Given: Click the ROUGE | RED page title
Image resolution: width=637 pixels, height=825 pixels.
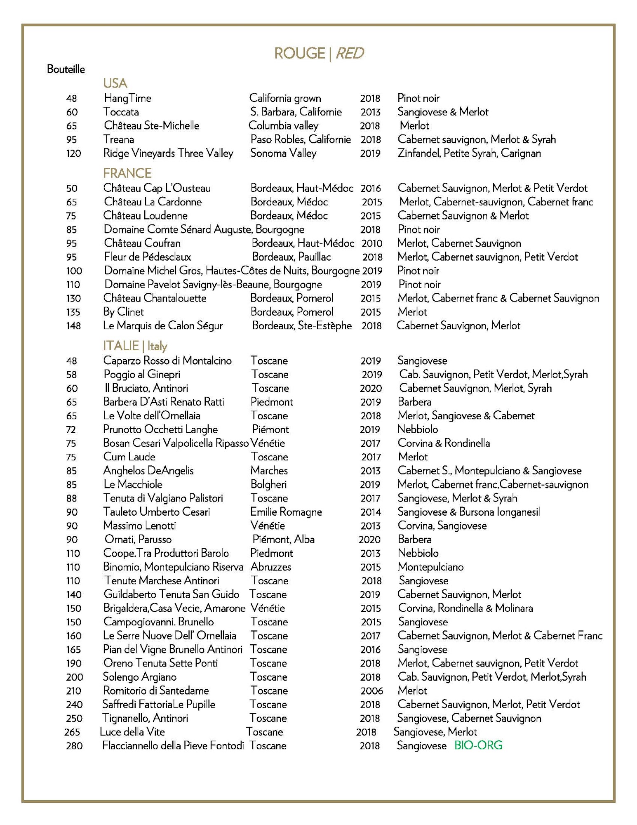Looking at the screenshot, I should pyautogui.click(x=319, y=53).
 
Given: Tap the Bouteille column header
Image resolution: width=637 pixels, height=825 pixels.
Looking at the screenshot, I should pyautogui.click(x=66, y=69).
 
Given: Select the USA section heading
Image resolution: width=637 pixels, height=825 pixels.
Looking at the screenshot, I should pyautogui.click(x=115, y=83).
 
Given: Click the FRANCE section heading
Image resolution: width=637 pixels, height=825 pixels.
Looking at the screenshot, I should pyautogui.click(x=127, y=173).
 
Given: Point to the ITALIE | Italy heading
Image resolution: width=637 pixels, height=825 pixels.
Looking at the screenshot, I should pyautogui.click(x=135, y=346).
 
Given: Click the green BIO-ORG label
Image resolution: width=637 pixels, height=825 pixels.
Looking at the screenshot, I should pyautogui.click(x=478, y=745).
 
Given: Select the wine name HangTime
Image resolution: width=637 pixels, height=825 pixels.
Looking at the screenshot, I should pyautogui.click(x=127, y=98).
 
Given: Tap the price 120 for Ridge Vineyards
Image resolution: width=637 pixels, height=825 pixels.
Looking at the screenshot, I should pyautogui.click(x=73, y=153).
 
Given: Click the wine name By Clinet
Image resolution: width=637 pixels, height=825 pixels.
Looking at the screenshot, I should pyautogui.click(x=123, y=312).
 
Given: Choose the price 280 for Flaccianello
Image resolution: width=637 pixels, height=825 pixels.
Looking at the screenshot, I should pyautogui.click(x=74, y=746).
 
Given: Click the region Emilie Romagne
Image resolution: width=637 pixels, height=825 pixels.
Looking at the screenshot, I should pyautogui.click(x=286, y=512).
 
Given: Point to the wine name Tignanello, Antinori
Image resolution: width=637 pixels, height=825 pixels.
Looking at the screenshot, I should pyautogui.click(x=145, y=718).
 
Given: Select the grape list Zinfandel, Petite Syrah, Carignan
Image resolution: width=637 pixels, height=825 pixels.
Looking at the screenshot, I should pyautogui.click(x=469, y=153).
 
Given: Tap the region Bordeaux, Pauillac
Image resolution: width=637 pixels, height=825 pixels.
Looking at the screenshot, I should pyautogui.click(x=291, y=257).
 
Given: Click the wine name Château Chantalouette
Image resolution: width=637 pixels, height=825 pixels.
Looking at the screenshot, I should pyautogui.click(x=155, y=298).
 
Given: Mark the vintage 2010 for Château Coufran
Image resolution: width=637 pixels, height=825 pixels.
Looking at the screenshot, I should pyautogui.click(x=372, y=243).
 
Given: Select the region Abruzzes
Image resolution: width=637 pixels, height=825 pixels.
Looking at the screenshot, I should pyautogui.click(x=270, y=567).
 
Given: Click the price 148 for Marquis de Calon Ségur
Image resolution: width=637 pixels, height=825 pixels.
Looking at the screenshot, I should pyautogui.click(x=73, y=326).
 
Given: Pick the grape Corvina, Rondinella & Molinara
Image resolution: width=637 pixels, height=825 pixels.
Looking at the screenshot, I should pyautogui.click(x=465, y=608).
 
